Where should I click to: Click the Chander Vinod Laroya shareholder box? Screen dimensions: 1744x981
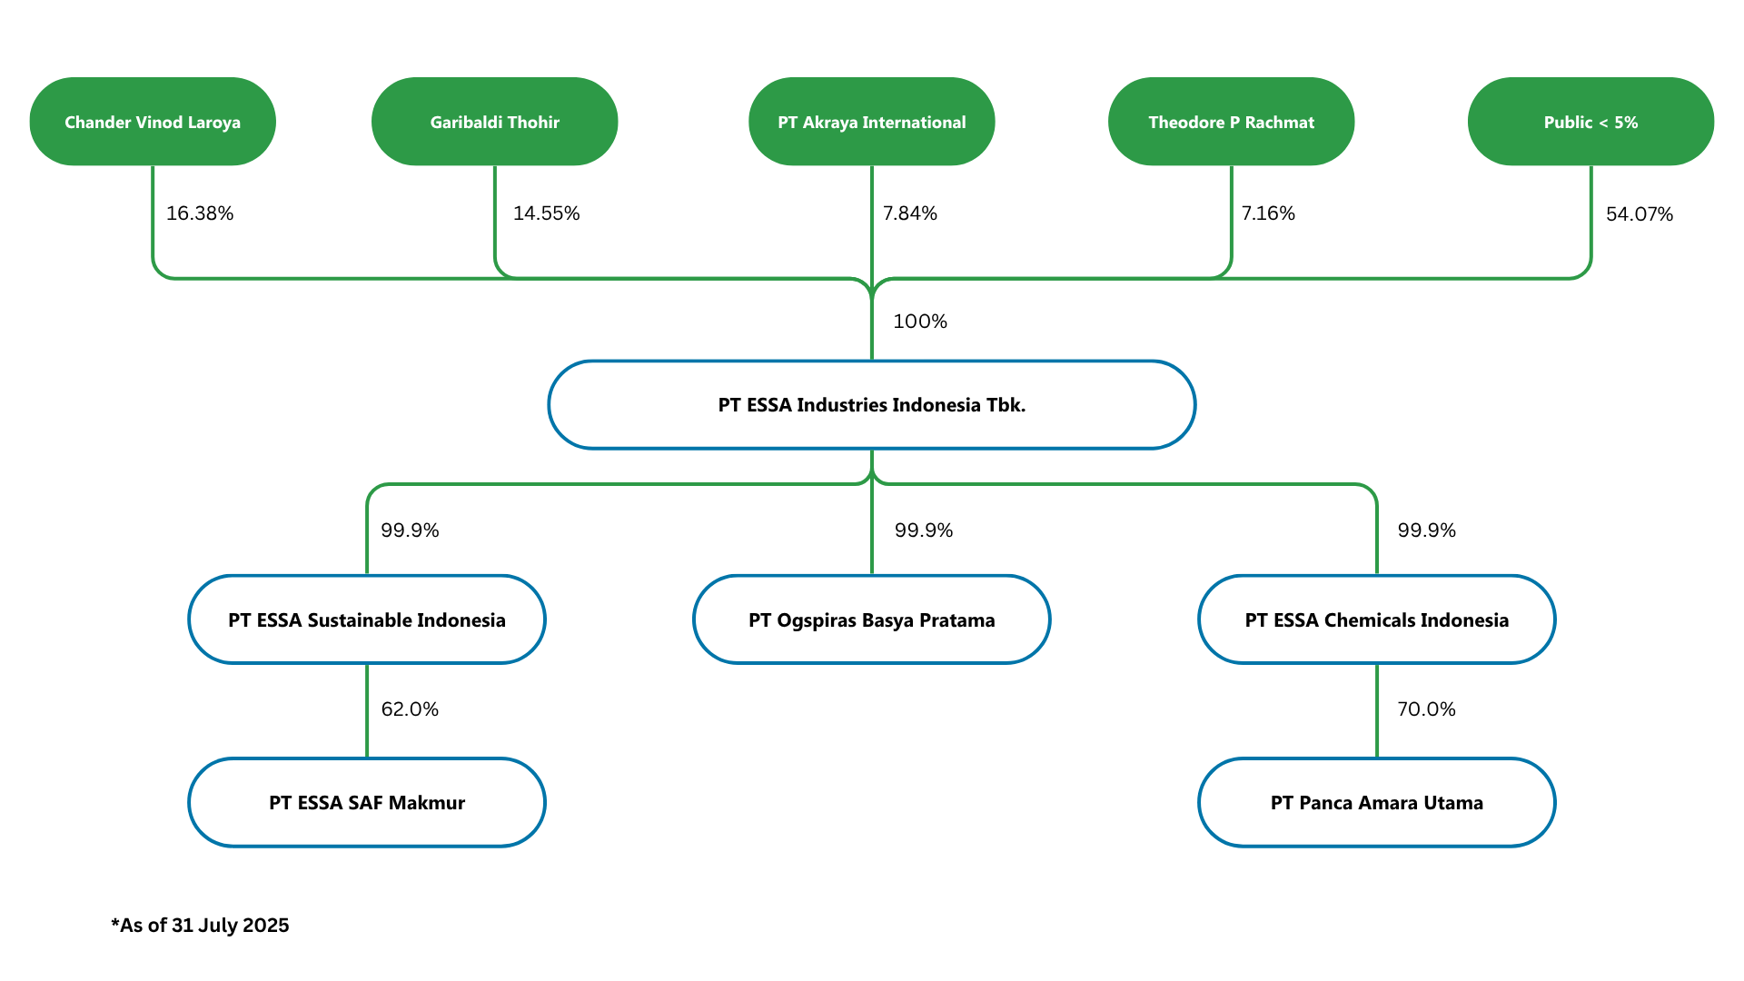pos(153,122)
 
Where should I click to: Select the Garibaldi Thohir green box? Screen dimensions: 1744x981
pos(495,122)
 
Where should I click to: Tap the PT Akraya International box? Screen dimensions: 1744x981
pos(872,122)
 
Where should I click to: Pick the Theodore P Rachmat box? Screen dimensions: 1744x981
pos(1232,122)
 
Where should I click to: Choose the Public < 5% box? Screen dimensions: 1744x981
pos(1591,122)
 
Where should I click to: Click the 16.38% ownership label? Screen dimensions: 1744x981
pos(200,213)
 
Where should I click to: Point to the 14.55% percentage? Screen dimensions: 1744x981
pos(547,213)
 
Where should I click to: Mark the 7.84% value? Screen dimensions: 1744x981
pos(910,213)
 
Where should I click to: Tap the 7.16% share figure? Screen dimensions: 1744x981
pos(1268,213)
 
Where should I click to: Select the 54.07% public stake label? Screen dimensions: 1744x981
pos(1640,214)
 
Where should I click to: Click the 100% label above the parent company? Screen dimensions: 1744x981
pos(920,322)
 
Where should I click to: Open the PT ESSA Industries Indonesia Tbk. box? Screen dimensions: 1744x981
pos(872,405)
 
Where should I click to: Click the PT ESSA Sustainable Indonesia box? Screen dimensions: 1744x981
pos(367,619)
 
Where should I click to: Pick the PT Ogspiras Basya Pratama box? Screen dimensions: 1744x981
pos(872,619)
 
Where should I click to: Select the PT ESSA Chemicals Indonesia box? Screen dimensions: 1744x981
pos(1377,619)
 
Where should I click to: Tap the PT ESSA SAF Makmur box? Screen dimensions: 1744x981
pos(367,803)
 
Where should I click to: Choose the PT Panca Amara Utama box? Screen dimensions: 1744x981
pos(1377,803)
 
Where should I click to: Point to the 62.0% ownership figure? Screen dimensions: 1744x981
pos(410,709)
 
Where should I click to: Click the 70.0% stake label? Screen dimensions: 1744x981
pos(1426,709)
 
